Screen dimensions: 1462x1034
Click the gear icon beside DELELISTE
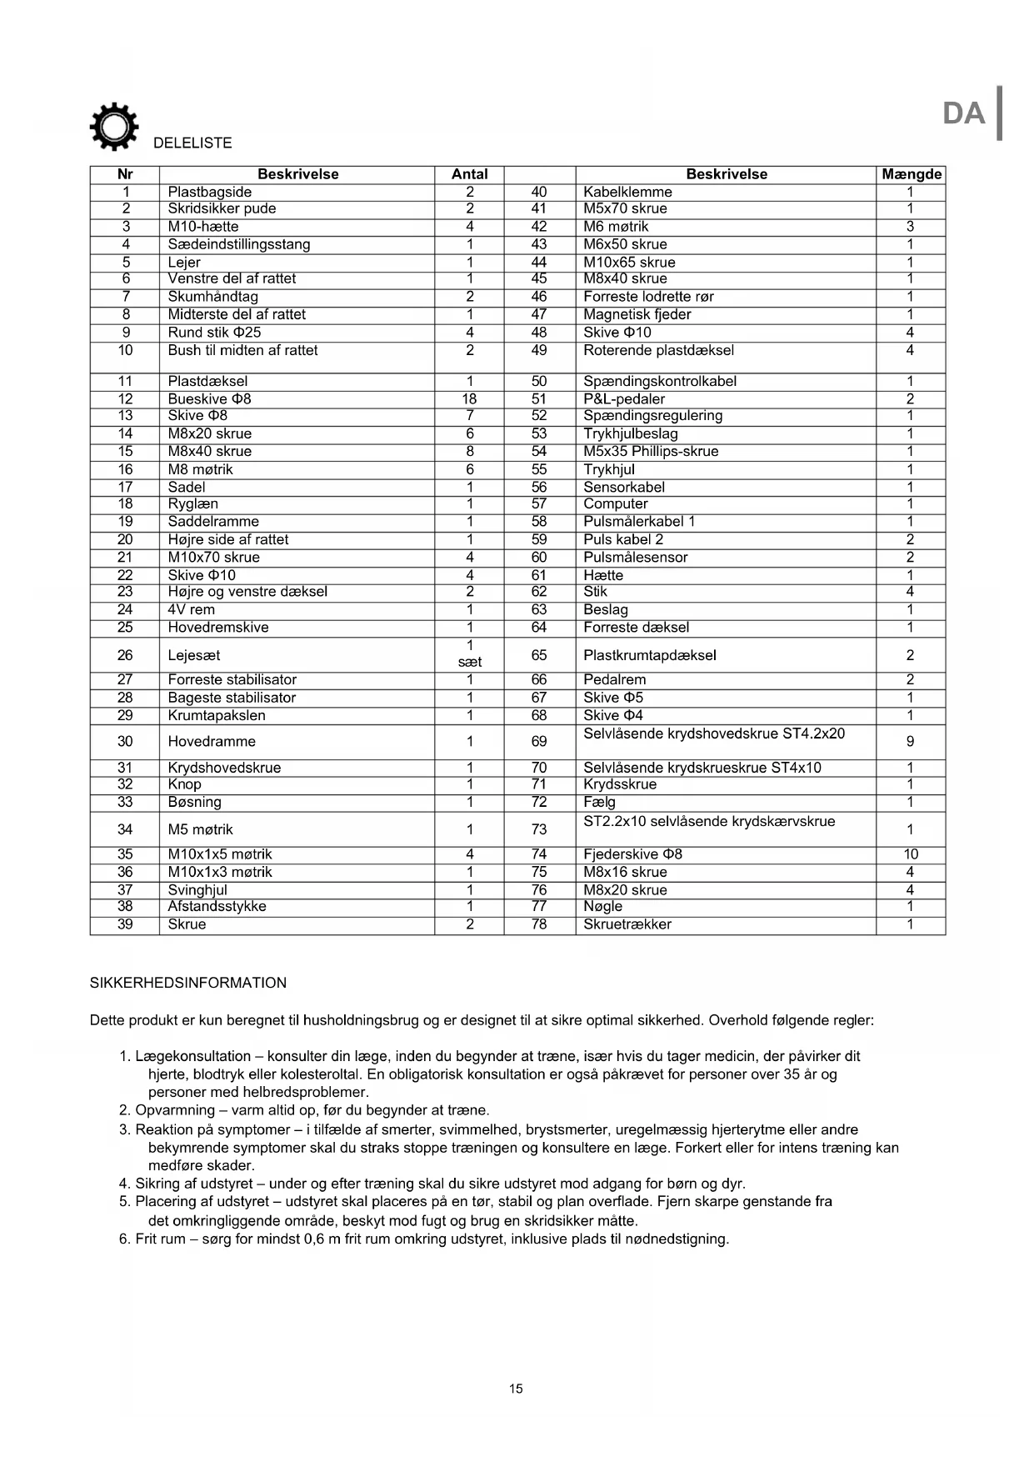113,127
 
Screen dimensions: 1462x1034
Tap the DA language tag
963,113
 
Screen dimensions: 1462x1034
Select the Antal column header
469,174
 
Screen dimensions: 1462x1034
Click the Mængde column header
911,174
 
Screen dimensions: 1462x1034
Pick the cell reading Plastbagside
210,192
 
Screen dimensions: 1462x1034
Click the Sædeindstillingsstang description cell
239,244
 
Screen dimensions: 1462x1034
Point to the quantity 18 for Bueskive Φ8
469,398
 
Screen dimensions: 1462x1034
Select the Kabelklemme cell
627,192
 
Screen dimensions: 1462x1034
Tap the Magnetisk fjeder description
637,314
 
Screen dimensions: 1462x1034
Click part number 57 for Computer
539,503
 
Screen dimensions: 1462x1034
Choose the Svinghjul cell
197,889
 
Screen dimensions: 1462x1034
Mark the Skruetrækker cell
627,924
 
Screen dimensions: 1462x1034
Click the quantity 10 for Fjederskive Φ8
911,854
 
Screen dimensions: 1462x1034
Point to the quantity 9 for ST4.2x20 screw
911,741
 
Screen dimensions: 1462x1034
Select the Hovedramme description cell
212,741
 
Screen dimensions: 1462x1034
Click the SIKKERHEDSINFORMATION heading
188,983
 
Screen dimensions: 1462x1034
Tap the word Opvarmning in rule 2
175,1110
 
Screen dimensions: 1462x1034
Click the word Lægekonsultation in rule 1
192,1056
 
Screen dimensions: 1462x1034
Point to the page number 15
517,1389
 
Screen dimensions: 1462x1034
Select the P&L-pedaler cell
624,398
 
